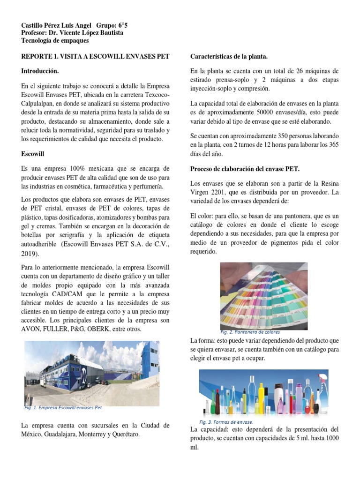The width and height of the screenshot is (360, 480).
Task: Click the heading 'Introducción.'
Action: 40,71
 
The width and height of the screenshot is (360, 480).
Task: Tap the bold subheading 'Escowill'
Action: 33,153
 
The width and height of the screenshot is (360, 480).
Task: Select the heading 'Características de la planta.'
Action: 229,57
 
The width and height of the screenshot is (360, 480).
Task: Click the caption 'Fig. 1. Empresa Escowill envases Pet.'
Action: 63,408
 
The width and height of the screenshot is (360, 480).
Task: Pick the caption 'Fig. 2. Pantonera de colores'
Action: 250,332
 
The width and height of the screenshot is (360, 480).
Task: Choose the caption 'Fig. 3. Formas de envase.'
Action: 226,422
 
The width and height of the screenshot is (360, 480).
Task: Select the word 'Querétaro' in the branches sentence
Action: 125,435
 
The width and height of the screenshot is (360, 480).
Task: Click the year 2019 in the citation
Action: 30,254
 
